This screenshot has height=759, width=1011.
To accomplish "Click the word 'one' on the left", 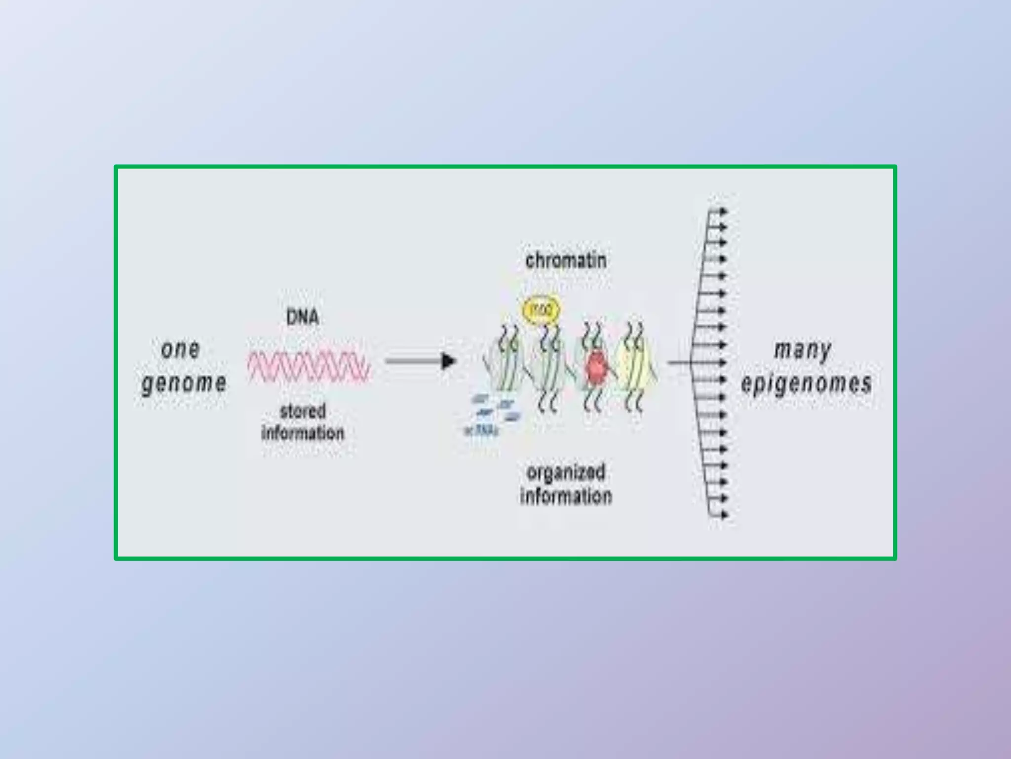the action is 181,349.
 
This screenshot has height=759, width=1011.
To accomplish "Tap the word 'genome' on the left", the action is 184,383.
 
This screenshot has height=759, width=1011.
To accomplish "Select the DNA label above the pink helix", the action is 303,317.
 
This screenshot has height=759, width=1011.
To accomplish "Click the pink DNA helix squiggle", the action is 309,366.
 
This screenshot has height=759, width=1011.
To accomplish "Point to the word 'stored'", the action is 303,411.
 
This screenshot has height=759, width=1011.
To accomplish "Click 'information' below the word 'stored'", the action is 303,433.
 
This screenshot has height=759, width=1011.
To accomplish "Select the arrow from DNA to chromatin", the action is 420,361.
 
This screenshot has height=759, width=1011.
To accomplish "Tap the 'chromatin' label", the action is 566,260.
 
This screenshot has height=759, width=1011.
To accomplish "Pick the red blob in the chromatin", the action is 596,367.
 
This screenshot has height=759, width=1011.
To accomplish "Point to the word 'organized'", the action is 566,472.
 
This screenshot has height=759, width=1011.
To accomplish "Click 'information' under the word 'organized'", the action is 566,496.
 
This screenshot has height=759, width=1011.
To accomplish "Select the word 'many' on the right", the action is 803,350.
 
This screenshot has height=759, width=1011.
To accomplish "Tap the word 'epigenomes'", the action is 806,383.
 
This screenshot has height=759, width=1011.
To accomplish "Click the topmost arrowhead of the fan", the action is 724,211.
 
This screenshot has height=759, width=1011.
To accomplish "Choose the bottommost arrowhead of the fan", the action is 724,515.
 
